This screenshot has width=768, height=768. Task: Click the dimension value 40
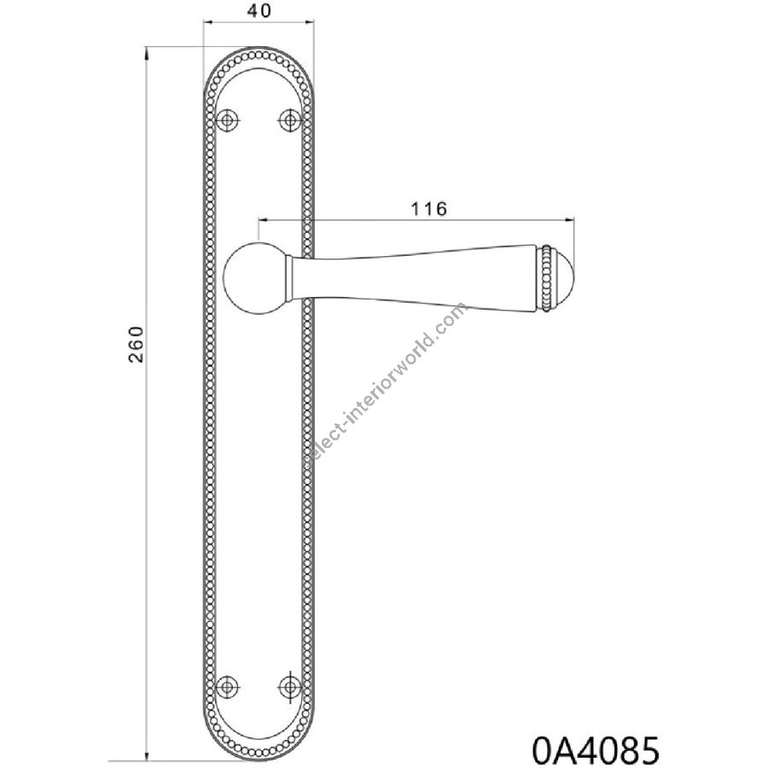click(x=259, y=11)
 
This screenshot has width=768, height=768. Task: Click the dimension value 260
click(x=137, y=344)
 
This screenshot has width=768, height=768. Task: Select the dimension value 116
click(x=428, y=209)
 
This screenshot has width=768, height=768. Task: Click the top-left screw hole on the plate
click(x=227, y=119)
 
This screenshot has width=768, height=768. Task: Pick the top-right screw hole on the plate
click(x=289, y=119)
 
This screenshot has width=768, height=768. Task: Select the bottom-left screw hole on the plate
click(x=227, y=685)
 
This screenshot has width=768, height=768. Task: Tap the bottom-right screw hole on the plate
click(x=289, y=685)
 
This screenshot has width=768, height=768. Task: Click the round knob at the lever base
click(x=254, y=277)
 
